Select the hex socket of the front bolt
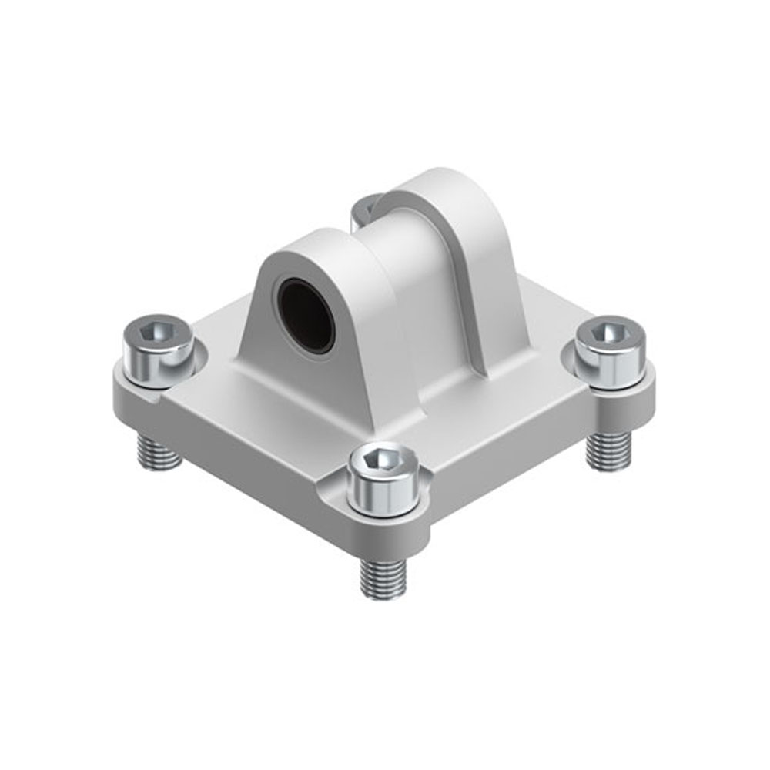(383, 460)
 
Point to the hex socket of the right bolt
(611, 333)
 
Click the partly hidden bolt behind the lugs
(363, 208)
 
